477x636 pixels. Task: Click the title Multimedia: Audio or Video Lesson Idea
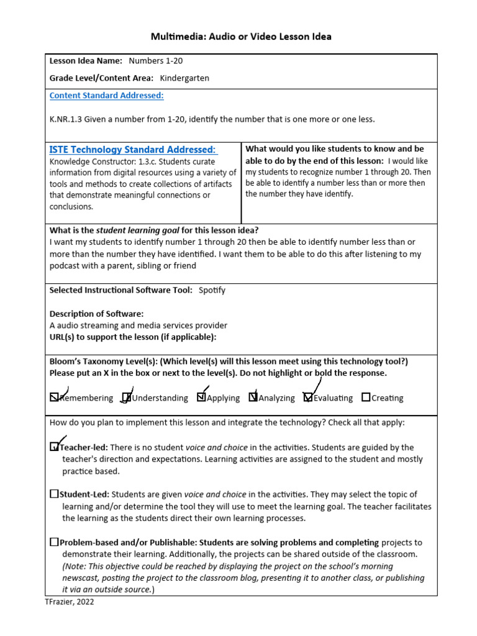[x=241, y=37]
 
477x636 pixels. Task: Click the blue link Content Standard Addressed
[x=106, y=96]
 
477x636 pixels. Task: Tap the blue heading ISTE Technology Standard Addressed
[x=132, y=150]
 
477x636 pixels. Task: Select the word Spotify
[x=212, y=290]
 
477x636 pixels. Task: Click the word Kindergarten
[x=184, y=78]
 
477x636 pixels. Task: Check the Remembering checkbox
[x=55, y=397]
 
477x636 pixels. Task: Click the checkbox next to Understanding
[x=127, y=397]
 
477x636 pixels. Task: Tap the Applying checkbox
[x=201, y=397]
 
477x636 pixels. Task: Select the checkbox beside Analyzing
[x=253, y=397]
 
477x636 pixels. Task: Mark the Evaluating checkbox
[x=308, y=397]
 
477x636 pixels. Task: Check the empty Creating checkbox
[x=366, y=397]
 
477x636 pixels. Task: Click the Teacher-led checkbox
[x=55, y=447]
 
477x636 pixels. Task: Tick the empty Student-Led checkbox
[x=55, y=494]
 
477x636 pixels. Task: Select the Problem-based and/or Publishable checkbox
[x=55, y=542]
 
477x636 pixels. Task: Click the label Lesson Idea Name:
[x=86, y=61]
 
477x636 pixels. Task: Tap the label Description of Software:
[x=96, y=314]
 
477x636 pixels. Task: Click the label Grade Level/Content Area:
[x=101, y=78]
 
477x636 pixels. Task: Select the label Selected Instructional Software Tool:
[x=120, y=290]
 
